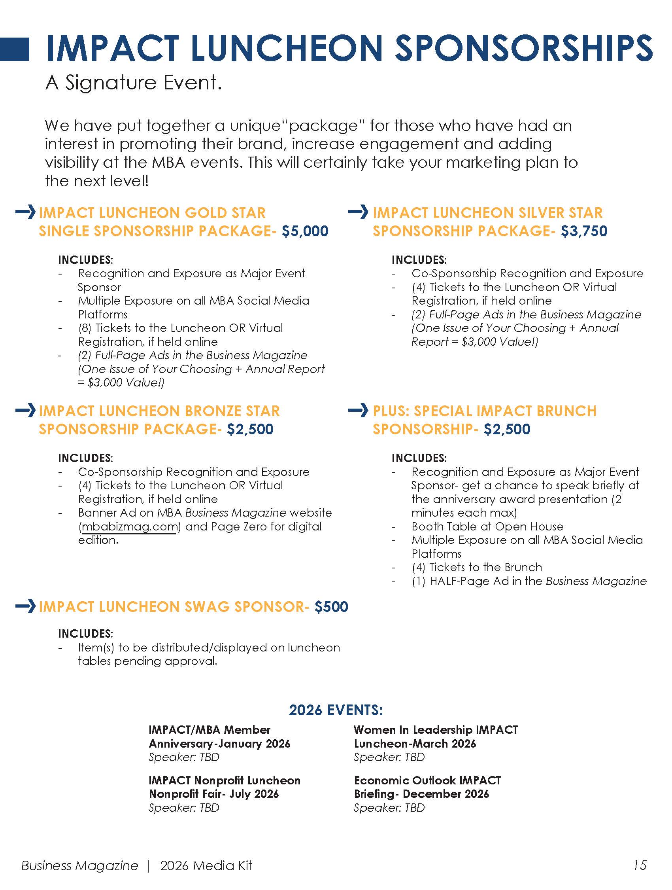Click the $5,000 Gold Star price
(305, 231)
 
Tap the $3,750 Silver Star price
(584, 231)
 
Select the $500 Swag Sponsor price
(331, 606)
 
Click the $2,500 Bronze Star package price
(250, 429)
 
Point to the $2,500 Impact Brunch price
(507, 429)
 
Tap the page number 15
(640, 865)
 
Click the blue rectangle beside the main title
(15, 49)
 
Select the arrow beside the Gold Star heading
(25, 212)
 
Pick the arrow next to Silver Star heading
(358, 212)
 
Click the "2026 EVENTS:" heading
(336, 710)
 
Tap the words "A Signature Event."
(134, 83)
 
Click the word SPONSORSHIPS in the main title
(524, 48)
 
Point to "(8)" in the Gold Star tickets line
(85, 328)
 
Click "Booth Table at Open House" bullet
(487, 526)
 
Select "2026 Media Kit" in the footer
(206, 865)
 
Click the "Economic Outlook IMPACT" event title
(427, 780)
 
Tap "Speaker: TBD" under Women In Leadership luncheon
(389, 757)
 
